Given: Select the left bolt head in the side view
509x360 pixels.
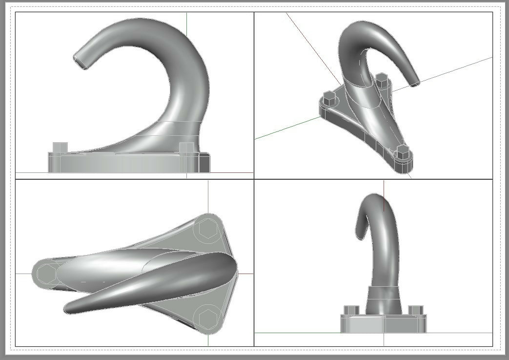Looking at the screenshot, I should (x=60, y=148).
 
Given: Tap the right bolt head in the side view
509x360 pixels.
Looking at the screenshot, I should (x=186, y=148).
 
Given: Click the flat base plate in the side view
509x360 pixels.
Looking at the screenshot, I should (x=127, y=163).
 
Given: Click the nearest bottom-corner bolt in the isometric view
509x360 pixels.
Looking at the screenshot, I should (x=402, y=152).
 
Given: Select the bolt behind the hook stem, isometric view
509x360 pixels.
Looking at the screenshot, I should (x=382, y=79).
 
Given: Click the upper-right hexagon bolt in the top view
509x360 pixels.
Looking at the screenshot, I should (x=207, y=228).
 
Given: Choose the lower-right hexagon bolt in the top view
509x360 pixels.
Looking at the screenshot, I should (x=207, y=318).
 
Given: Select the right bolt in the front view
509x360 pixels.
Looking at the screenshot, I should (x=415, y=311).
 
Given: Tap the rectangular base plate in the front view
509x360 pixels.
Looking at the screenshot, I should (x=383, y=324).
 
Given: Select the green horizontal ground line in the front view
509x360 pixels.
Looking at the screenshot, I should (x=293, y=333).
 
